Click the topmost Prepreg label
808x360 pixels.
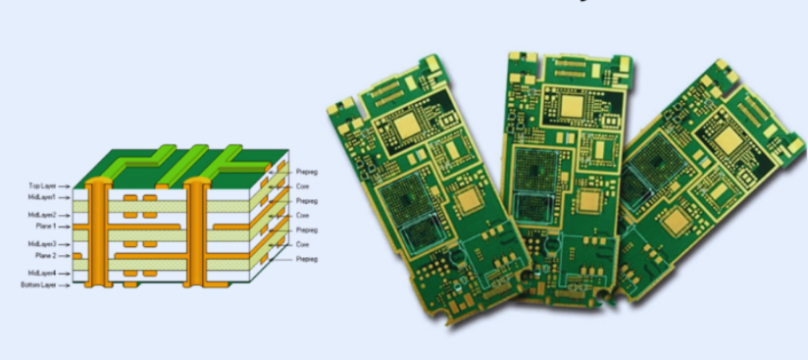pyautogui.click(x=307, y=172)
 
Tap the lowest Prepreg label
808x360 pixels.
pyautogui.click(x=307, y=259)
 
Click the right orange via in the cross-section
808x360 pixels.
pyautogui.click(x=195, y=231)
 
